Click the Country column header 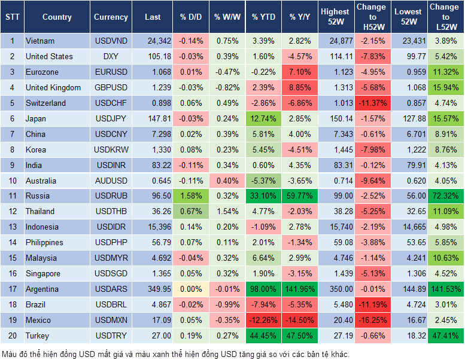pyautogui.click(x=57, y=17)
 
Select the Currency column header pyautogui.click(x=111, y=17)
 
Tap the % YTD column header pyautogui.click(x=264, y=17)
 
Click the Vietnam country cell pyautogui.click(x=40, y=41)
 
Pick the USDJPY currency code pyautogui.click(x=111, y=119)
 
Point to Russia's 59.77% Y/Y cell pyautogui.click(x=301, y=196)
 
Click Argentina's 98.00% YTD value pyautogui.click(x=264, y=289)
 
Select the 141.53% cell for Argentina pyautogui.click(x=446, y=289)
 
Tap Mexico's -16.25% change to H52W pyautogui.click(x=372, y=321)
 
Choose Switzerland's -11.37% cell pyautogui.click(x=372, y=103)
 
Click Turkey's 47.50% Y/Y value pyautogui.click(x=301, y=336)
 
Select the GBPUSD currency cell pyautogui.click(x=111, y=88)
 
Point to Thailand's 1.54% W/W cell pyautogui.click(x=226, y=211)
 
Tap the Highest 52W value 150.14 pyautogui.click(x=335, y=119)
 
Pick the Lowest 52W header pyautogui.click(x=409, y=17)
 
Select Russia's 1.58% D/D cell pyautogui.click(x=191, y=196)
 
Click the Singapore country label pyautogui.click(x=43, y=274)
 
